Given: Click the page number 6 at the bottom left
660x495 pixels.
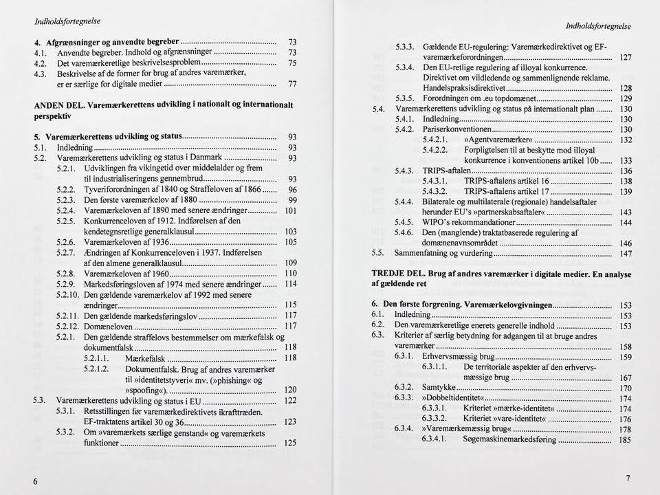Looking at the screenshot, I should (x=35, y=481).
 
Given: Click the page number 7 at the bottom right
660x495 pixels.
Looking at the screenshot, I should (x=628, y=478).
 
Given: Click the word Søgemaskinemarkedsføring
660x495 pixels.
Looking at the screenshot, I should (x=499, y=439).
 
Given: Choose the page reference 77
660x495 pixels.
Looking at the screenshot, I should (x=292, y=85).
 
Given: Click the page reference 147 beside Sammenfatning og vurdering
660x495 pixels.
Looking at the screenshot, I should (x=625, y=254).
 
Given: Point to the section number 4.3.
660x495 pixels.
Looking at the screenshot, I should (x=40, y=73).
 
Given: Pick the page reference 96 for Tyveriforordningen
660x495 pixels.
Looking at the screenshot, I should (x=292, y=190).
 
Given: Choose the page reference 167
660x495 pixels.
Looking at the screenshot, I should (x=625, y=378).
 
